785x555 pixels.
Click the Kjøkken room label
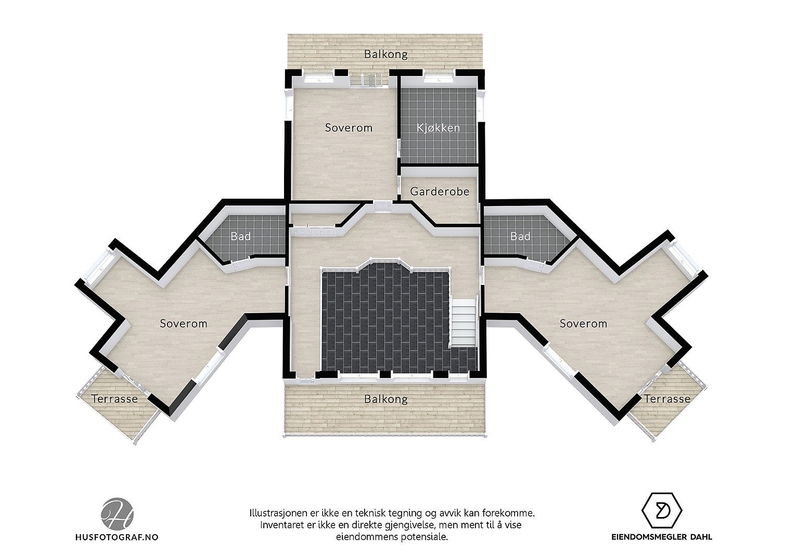click(439, 128)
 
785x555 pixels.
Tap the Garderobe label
click(440, 191)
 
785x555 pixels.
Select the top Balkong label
click(385, 54)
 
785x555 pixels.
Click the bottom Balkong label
click(385, 399)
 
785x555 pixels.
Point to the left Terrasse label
click(114, 399)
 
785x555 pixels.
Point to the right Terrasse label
click(667, 399)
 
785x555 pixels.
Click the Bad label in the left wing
click(240, 237)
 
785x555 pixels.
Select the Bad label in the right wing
click(520, 237)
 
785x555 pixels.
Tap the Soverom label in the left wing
click(183, 324)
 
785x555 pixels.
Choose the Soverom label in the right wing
click(583, 324)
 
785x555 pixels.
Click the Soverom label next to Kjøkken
click(349, 127)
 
